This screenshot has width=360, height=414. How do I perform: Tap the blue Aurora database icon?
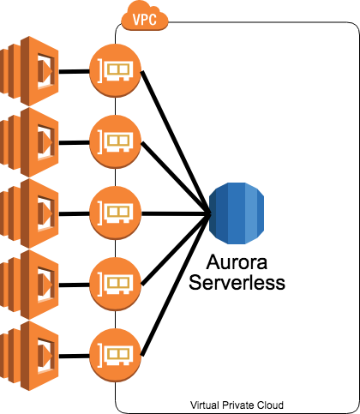click(x=237, y=213)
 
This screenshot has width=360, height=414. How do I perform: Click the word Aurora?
click(x=237, y=262)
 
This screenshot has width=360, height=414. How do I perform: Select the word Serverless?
click(x=237, y=282)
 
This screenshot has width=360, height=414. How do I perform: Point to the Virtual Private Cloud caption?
click(x=237, y=405)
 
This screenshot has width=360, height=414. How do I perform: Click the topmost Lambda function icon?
click(x=29, y=71)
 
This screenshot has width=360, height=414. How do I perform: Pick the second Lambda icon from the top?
click(x=29, y=142)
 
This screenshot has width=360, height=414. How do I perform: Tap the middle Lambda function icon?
click(x=29, y=213)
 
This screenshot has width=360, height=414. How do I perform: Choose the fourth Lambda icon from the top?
click(x=29, y=285)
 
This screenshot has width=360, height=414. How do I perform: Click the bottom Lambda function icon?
click(x=29, y=356)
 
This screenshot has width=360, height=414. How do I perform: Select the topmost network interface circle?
click(x=115, y=70)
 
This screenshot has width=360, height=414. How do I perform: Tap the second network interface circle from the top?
click(x=115, y=141)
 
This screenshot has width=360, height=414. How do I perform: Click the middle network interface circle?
click(x=115, y=213)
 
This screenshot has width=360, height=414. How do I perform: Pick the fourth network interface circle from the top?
click(x=115, y=285)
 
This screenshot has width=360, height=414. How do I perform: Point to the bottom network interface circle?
click(x=115, y=356)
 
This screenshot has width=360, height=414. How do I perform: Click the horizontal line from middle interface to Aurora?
click(x=176, y=213)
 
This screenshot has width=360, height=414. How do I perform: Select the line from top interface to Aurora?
click(x=176, y=142)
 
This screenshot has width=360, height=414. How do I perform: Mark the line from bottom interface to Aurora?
click(x=176, y=285)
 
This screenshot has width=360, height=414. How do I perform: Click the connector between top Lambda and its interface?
click(x=75, y=71)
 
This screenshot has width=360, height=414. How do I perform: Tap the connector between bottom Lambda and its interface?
click(x=75, y=356)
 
